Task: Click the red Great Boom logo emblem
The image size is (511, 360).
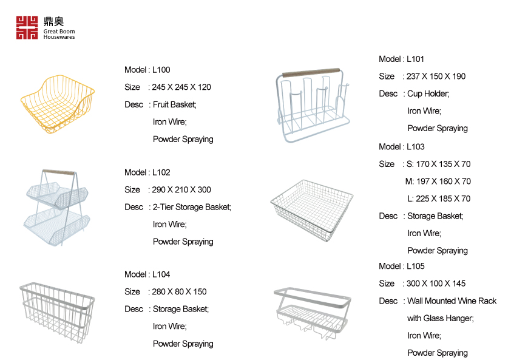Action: (x=27, y=28)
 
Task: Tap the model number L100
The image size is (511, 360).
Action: (x=161, y=70)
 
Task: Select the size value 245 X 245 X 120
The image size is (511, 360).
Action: (x=182, y=87)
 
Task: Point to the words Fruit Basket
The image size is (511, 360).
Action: (x=174, y=104)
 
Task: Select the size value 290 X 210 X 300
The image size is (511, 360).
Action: (x=182, y=189)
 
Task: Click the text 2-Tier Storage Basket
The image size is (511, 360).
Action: (x=192, y=207)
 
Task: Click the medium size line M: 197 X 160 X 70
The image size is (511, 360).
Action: (x=438, y=181)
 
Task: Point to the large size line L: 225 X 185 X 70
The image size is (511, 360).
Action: (x=439, y=199)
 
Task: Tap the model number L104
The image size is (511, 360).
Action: (x=161, y=274)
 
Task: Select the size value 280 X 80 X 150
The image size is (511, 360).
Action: (x=180, y=291)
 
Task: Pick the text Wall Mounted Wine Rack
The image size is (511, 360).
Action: (x=452, y=301)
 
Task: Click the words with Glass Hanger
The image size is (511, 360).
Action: (x=440, y=318)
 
